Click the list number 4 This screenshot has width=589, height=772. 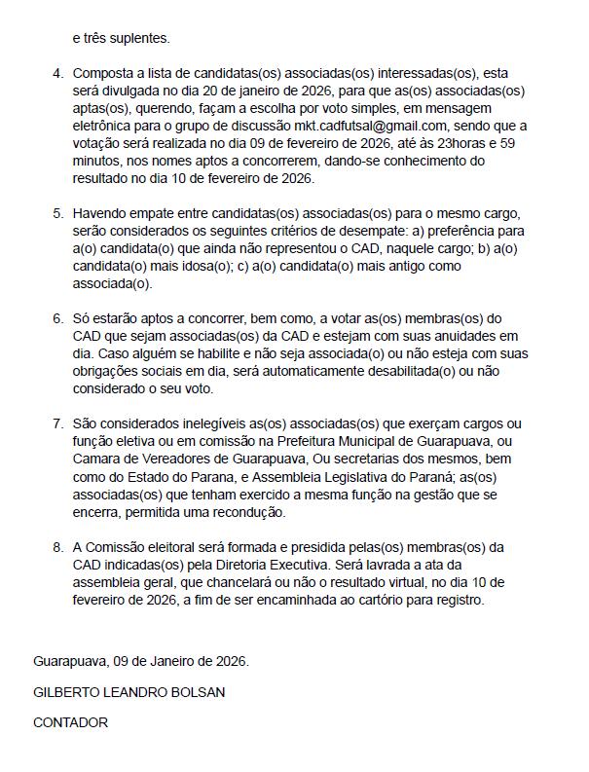point(57,74)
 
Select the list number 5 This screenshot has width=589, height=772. point(57,213)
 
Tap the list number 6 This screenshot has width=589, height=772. point(57,319)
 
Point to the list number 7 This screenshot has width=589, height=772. point(57,424)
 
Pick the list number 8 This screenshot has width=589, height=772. point(57,548)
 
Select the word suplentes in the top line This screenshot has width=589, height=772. point(138,39)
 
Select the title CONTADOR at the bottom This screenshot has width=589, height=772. point(70,723)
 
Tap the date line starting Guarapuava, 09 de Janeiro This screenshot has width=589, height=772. point(141,661)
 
